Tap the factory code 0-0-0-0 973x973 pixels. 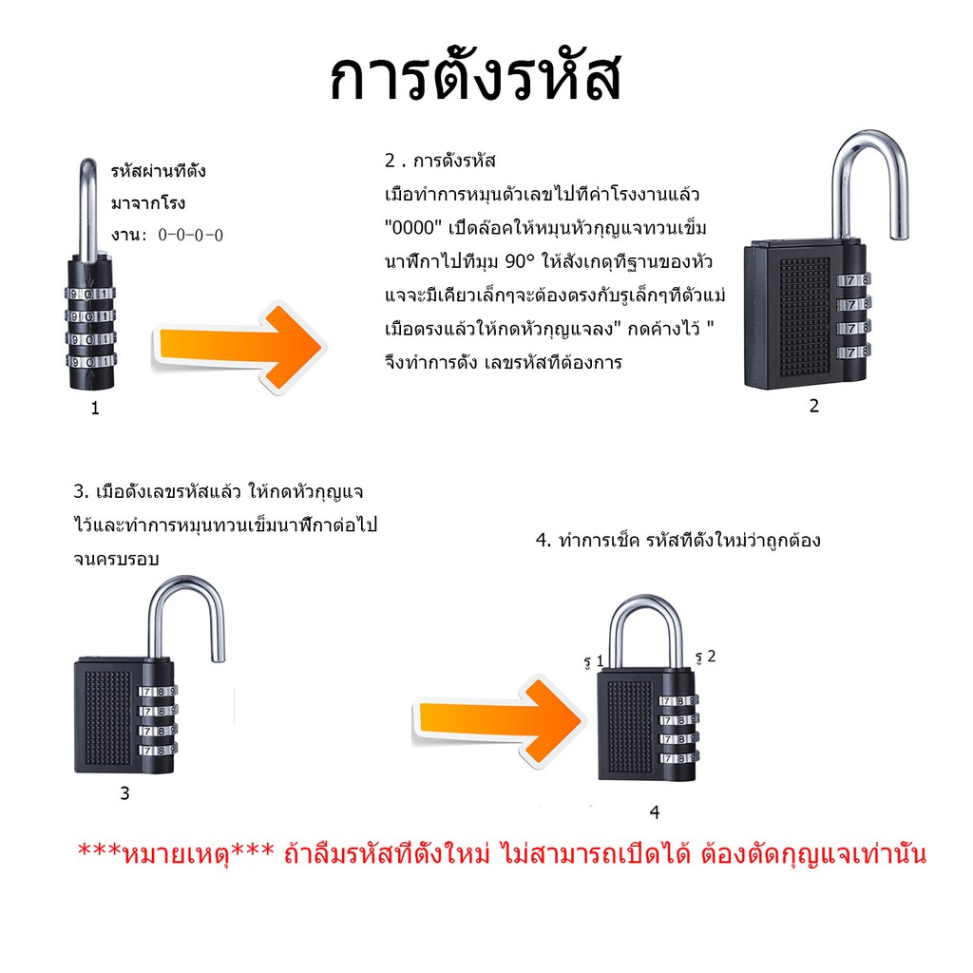tap(190, 236)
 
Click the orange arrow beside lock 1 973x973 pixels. tap(238, 347)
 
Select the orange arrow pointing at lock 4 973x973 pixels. tap(499, 721)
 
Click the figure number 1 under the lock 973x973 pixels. tap(95, 409)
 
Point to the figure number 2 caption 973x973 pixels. tap(814, 406)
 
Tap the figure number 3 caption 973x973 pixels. tap(124, 793)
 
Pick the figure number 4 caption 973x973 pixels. tap(655, 812)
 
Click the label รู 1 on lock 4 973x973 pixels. tap(594, 661)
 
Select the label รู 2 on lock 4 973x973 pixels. tap(706, 658)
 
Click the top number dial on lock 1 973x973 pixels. tap(90, 294)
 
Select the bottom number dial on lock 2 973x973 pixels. tap(853, 352)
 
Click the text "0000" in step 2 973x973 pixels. tap(413, 228)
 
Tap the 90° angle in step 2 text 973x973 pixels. tap(520, 261)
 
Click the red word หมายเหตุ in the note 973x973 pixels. tap(176, 854)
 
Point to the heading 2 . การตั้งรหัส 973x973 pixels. tap(440, 162)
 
